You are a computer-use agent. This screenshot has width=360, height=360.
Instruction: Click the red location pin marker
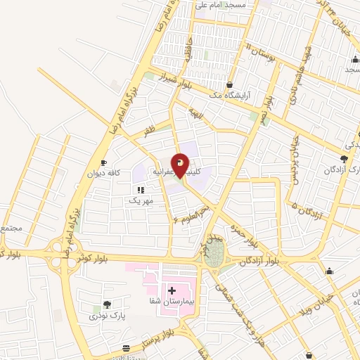(181, 165)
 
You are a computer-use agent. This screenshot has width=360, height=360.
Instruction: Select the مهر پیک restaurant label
(139, 201)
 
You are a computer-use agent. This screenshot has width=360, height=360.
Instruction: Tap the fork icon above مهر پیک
(141, 190)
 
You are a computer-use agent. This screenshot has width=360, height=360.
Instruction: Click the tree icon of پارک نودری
(107, 304)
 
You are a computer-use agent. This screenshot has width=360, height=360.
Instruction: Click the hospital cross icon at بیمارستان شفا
(172, 289)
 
